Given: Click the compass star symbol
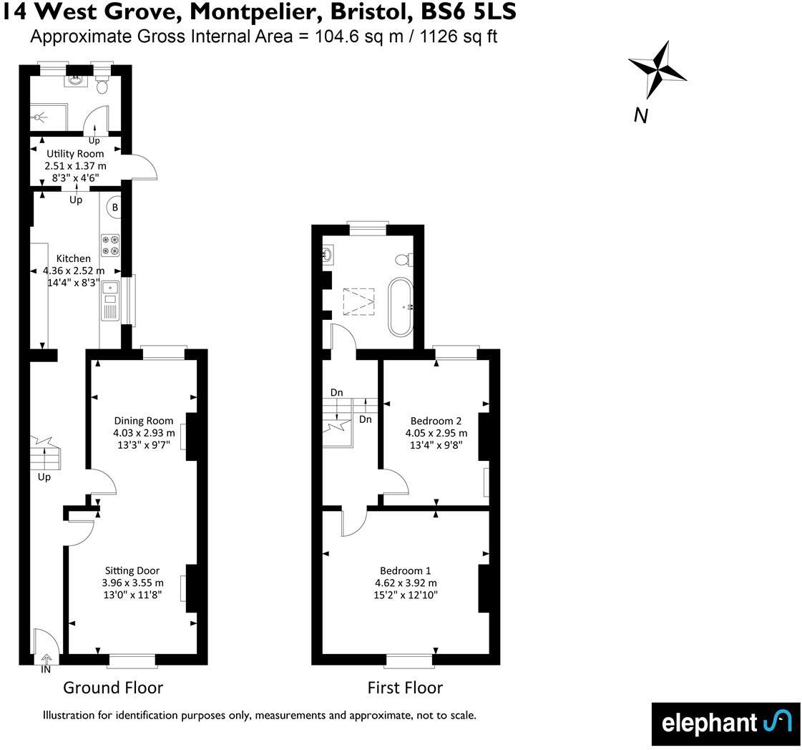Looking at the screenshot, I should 657,69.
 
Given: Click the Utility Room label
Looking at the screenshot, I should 75,154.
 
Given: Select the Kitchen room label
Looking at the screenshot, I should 74,258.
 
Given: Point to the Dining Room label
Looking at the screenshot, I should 144,421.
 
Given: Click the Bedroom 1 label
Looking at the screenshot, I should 405,570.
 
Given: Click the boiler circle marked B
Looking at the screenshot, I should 114,208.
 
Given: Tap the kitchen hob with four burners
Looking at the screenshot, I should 110,245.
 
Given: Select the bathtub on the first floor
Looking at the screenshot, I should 401,308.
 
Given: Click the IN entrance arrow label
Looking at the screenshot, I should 46,669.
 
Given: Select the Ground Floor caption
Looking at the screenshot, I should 113,688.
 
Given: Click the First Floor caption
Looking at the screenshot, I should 405,688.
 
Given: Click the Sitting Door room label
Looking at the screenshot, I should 132,570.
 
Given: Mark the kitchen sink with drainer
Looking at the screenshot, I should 109,301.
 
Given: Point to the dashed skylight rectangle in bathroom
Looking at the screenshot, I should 359,301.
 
